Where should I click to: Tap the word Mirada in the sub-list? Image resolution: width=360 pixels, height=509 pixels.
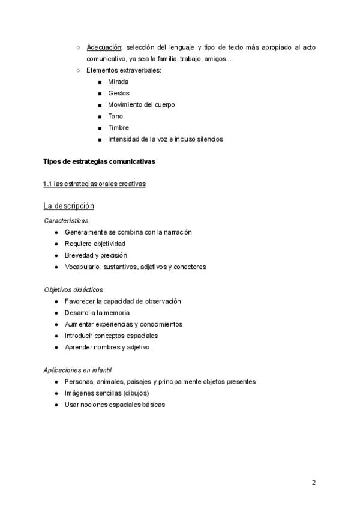pyautogui.click(x=118, y=82)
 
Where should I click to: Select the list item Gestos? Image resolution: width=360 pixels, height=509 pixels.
pyautogui.click(x=118, y=93)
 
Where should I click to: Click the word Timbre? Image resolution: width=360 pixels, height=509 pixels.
pyautogui.click(x=118, y=128)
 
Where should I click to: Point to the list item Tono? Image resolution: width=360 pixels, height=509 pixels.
pyautogui.click(x=115, y=116)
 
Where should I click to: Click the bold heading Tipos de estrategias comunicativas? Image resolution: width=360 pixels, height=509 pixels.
pyautogui.click(x=99, y=161)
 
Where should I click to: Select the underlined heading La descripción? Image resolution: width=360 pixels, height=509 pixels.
pyautogui.click(x=69, y=206)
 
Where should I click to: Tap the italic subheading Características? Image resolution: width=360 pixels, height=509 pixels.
pyautogui.click(x=66, y=221)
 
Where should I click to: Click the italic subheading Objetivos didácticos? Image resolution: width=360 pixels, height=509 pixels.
pyautogui.click(x=73, y=289)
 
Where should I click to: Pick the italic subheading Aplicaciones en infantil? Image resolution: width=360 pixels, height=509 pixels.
pyautogui.click(x=78, y=370)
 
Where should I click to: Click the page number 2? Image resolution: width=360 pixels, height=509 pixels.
pyautogui.click(x=313, y=483)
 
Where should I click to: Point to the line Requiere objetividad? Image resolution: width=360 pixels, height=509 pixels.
pyautogui.click(x=95, y=244)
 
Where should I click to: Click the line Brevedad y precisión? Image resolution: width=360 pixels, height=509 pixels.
pyautogui.click(x=95, y=255)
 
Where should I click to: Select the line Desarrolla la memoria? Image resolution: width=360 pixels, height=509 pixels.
pyautogui.click(x=97, y=313)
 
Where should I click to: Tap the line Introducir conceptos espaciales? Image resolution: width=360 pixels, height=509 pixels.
pyautogui.click(x=111, y=336)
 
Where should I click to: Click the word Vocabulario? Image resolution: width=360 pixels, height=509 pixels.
pyautogui.click(x=83, y=267)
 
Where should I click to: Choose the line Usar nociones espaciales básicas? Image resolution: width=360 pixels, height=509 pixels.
pyautogui.click(x=114, y=405)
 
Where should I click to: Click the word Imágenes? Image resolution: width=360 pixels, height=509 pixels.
pyautogui.click(x=79, y=393)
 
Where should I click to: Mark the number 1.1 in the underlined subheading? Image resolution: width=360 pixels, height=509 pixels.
pyautogui.click(x=48, y=184)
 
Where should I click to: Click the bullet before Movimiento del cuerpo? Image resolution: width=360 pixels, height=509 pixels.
pyautogui.click(x=99, y=105)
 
